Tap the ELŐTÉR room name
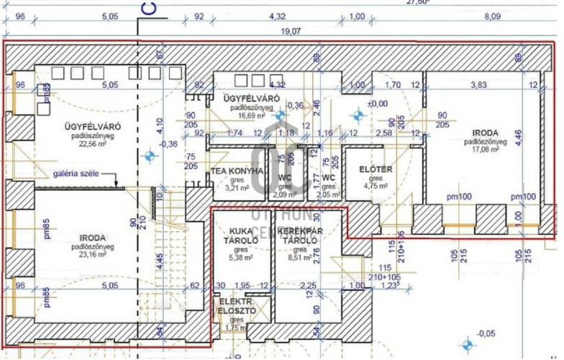coord(376,170)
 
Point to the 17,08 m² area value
coord(489,150)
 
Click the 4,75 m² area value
coord(376,186)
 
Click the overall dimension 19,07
coord(291,31)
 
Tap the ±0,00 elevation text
coord(377,104)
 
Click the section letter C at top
coord(148,9)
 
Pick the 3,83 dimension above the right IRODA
coord(478,84)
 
